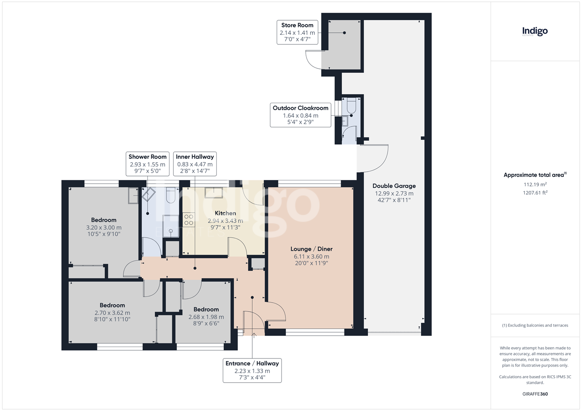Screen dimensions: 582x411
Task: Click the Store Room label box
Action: pos(297,32)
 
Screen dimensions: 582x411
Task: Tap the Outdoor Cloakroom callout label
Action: pos(300,115)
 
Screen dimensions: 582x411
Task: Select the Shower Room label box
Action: pos(147,164)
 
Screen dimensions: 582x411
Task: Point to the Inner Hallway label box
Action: pos(195,164)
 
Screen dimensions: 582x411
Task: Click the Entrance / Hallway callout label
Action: pos(252,370)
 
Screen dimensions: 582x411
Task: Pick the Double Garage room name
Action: pos(394,185)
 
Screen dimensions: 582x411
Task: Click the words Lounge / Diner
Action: pos(311,249)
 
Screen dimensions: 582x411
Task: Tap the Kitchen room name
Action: pos(225,213)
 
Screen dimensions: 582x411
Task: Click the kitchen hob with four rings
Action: pos(189,219)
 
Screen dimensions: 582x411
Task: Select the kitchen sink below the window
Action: pos(213,193)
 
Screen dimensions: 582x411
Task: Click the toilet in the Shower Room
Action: pos(171,195)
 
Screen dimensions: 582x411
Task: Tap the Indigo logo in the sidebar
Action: pos(535,32)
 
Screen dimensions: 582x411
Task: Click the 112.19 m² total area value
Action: pos(535,184)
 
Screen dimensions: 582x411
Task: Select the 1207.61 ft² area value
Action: pos(535,193)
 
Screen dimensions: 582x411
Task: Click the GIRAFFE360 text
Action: pos(535,394)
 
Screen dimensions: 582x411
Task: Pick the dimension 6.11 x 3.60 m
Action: pos(311,256)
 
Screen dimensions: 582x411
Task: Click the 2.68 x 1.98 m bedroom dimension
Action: pos(206,317)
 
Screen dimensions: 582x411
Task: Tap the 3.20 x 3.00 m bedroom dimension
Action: pos(103,227)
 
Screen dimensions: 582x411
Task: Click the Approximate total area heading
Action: pos(535,175)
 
